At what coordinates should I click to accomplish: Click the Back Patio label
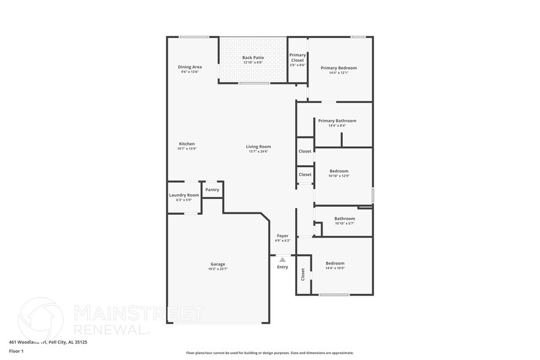pyautogui.click(x=253, y=58)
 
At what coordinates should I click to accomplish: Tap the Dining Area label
pyautogui.click(x=190, y=67)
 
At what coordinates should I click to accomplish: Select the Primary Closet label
pyautogui.click(x=298, y=58)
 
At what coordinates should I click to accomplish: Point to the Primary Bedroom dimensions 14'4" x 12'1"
pyautogui.click(x=338, y=73)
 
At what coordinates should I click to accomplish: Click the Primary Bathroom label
pyautogui.click(x=337, y=121)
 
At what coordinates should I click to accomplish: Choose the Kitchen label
pyautogui.click(x=187, y=144)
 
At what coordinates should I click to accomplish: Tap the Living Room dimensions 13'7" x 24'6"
pyautogui.click(x=258, y=151)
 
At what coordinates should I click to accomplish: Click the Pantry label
pyautogui.click(x=212, y=190)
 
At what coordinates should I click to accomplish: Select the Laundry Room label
pyautogui.click(x=184, y=195)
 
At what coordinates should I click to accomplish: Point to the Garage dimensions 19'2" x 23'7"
pyautogui.click(x=218, y=269)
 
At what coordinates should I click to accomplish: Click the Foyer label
pyautogui.click(x=282, y=236)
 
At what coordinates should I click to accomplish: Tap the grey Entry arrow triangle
pyautogui.click(x=282, y=260)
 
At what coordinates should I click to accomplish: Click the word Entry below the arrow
pyautogui.click(x=282, y=267)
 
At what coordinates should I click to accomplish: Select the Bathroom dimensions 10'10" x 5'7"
pyautogui.click(x=344, y=223)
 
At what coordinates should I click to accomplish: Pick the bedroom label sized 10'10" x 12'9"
pyautogui.click(x=339, y=171)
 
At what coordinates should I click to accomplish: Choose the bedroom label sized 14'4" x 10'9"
pyautogui.click(x=335, y=263)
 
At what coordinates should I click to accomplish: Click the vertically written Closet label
pyautogui.click(x=302, y=275)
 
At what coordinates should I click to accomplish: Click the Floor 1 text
pyautogui.click(x=16, y=351)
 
